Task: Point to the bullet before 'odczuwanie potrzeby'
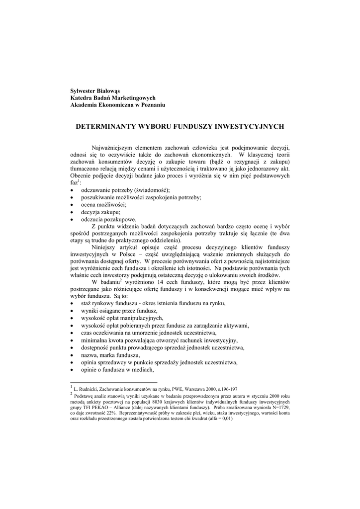72,191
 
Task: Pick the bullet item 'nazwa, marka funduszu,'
110,355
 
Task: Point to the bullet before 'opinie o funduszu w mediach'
72,370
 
